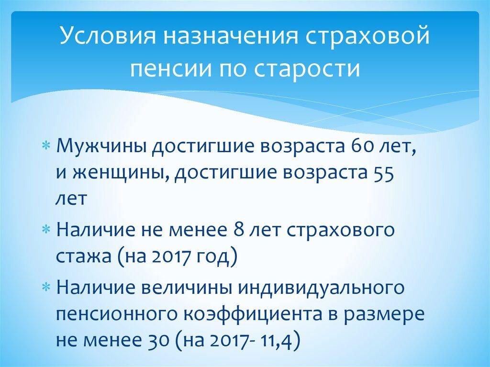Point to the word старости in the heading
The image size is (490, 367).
(311, 68)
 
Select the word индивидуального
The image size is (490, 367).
(324, 288)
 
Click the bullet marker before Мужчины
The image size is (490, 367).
(46, 145)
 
